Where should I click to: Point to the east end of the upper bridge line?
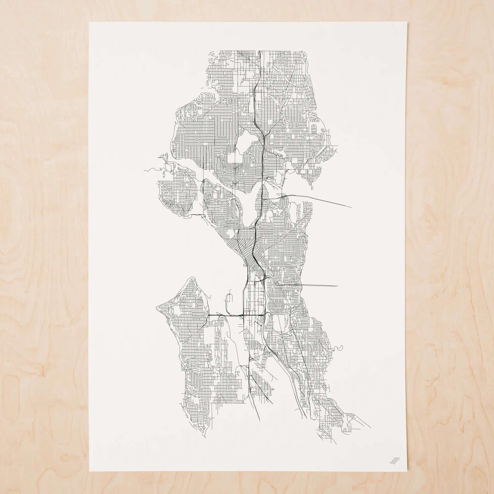[x=351, y=207]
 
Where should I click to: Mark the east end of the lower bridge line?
[x=338, y=286]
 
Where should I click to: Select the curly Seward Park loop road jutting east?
[x=339, y=348]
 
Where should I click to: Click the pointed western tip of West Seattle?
[x=156, y=308]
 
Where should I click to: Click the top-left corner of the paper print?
[x=89, y=22]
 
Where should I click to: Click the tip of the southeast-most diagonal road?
[x=370, y=427]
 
